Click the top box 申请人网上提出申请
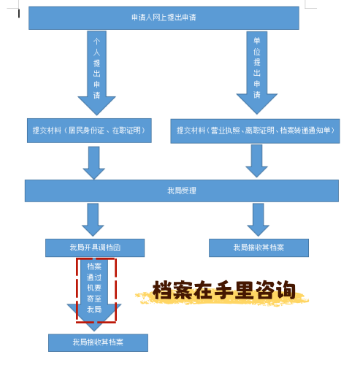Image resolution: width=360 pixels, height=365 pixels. click(x=164, y=18)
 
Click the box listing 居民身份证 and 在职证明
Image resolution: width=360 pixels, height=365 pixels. click(x=88, y=130)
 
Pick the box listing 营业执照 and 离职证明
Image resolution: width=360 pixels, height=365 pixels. click(x=255, y=131)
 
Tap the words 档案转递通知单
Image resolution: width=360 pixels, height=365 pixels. click(x=306, y=131)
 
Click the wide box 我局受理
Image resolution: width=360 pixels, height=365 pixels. click(x=181, y=191)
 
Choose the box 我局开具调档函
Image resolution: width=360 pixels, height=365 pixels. click(x=94, y=247)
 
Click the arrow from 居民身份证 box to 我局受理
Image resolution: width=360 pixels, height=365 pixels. click(x=93, y=162)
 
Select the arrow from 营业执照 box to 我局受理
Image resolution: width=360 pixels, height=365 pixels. click(x=256, y=161)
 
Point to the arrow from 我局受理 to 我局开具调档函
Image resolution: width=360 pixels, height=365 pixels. click(x=93, y=219)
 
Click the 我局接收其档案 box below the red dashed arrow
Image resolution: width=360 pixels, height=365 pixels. click(x=98, y=342)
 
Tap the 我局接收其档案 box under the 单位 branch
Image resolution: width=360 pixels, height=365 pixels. click(x=258, y=247)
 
